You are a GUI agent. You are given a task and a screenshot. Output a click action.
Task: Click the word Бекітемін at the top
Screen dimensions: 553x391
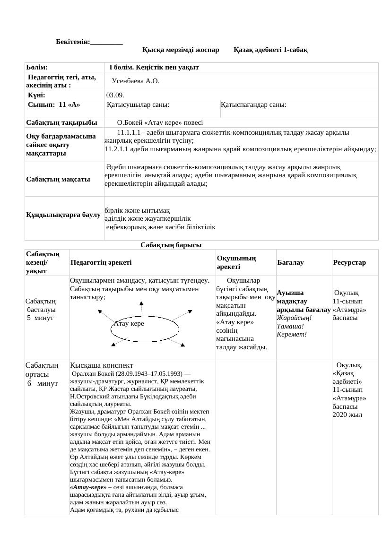tap(73, 42)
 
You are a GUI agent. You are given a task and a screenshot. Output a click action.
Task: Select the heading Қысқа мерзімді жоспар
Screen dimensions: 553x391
tap(181, 50)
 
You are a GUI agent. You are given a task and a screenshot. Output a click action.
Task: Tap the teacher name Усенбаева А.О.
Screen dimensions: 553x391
tap(135, 81)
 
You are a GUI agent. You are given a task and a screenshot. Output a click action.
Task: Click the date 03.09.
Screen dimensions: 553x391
tap(115, 95)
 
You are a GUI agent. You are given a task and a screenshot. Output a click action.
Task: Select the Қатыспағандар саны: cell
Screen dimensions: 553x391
tap(253, 104)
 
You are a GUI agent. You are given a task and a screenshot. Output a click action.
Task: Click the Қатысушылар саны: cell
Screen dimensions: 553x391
tap(138, 104)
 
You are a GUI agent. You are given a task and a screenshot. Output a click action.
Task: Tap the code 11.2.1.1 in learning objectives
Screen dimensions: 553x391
tap(118, 149)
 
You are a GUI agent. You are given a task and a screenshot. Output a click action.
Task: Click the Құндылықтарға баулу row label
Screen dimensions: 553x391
tap(63, 215)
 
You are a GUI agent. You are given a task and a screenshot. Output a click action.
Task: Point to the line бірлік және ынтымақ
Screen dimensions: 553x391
tap(137, 210)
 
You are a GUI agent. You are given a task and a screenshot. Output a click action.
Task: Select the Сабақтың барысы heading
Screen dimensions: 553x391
tap(171, 245)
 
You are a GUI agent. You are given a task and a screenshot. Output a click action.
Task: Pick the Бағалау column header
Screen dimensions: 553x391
tap(290, 262)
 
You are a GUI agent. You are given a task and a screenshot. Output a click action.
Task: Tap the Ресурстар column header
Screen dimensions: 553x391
tap(349, 262)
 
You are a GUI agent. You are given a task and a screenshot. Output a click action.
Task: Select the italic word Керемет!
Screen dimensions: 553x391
tap(292, 335)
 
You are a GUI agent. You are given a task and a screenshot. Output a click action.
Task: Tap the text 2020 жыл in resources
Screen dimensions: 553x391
tap(347, 415)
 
